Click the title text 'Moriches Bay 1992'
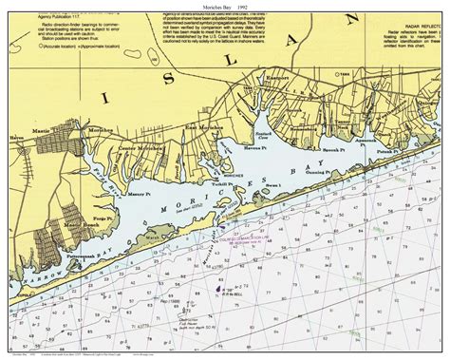point(224,6)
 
